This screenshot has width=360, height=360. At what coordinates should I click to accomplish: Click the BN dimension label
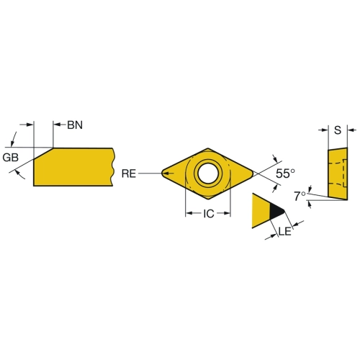click(x=75, y=125)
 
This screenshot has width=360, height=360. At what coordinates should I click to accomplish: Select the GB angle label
click(x=11, y=158)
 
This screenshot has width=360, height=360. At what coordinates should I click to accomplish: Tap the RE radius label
click(x=129, y=174)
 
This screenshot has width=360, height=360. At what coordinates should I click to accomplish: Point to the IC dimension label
click(x=209, y=214)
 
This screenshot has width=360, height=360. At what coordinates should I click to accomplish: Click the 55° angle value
click(x=285, y=174)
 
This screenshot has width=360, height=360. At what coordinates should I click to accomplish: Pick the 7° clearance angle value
click(x=300, y=197)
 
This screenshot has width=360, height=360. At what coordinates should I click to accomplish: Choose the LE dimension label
click(x=285, y=231)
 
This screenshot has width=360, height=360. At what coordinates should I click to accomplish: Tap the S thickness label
click(x=338, y=130)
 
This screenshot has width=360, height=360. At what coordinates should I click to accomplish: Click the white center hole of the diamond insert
click(x=208, y=174)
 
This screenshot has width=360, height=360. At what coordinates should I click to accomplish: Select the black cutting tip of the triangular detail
click(x=276, y=211)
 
